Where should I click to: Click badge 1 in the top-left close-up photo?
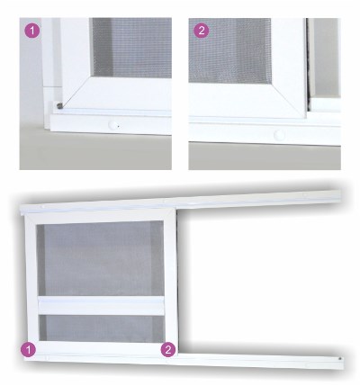click(31, 31)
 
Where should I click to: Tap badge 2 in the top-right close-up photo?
click(202, 31)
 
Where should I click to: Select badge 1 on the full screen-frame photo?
click(28, 349)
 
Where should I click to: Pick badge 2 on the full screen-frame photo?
click(168, 349)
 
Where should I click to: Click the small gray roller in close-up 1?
click(59, 105)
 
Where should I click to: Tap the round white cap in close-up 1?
click(112, 125)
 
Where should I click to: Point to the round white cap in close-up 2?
click(279, 135)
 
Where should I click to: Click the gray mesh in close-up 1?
click(131, 48)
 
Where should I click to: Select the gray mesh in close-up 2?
click(229, 49)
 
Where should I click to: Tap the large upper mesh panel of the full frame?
click(101, 259)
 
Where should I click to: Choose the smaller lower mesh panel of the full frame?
click(102, 328)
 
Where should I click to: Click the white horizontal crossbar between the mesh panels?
click(101, 306)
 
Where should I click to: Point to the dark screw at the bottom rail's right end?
click(339, 358)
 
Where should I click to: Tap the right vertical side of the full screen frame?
click(170, 281)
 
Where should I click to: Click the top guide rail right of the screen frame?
click(258, 200)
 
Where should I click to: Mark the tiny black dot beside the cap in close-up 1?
click(118, 126)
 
